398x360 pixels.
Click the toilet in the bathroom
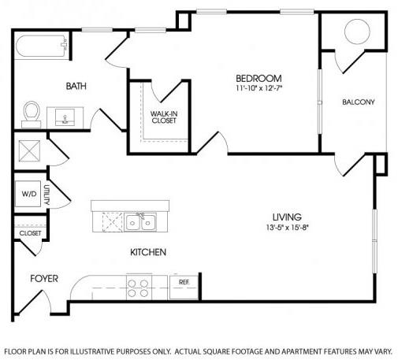pyautogui.click(x=32, y=114)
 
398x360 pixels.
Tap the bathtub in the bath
pyautogui.click(x=42, y=46)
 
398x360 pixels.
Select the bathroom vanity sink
pyautogui.click(x=65, y=117)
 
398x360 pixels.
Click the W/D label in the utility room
pyautogui.click(x=29, y=194)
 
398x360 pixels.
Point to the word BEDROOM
pyautogui.click(x=259, y=78)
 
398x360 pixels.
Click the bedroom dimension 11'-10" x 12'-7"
pyautogui.click(x=259, y=88)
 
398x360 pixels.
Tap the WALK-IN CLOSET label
pyautogui.click(x=164, y=117)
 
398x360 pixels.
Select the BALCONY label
pyautogui.click(x=359, y=102)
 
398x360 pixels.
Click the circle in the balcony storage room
pyautogui.click(x=357, y=32)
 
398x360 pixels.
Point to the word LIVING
pyautogui.click(x=287, y=217)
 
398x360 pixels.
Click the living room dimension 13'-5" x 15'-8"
pyautogui.click(x=287, y=228)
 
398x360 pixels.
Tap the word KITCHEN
pyautogui.click(x=148, y=252)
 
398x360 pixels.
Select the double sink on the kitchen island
pyautogui.click(x=140, y=222)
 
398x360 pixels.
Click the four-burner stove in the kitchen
pyautogui.click(x=139, y=287)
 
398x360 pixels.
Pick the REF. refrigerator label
pyautogui.click(x=184, y=282)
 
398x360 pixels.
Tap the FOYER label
pyautogui.click(x=44, y=279)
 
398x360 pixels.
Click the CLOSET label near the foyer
pyautogui.click(x=30, y=233)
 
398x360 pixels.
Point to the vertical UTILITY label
pyautogui.click(x=46, y=195)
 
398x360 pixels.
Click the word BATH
pyautogui.click(x=76, y=86)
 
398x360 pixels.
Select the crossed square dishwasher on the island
pyautogui.click(x=113, y=222)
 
